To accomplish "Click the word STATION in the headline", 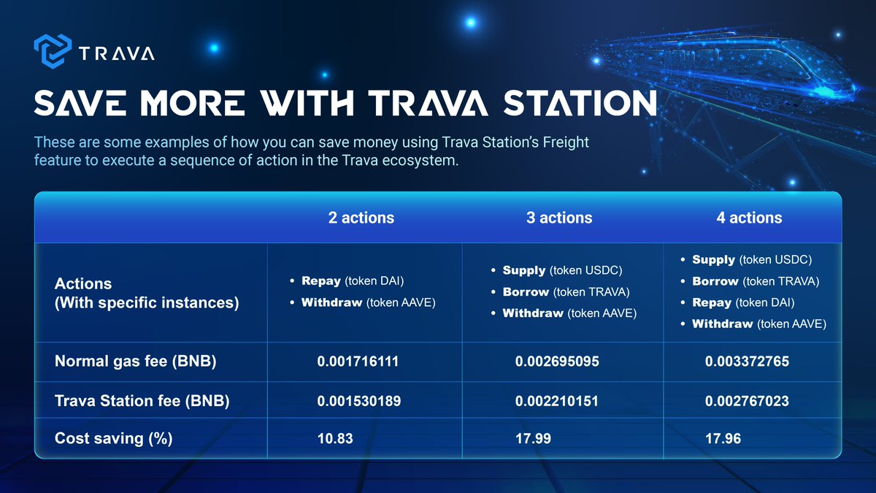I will (577, 103).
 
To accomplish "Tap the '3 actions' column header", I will (559, 218).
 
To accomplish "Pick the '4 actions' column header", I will (749, 218).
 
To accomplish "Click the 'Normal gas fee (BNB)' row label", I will (135, 362).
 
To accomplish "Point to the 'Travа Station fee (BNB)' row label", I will (142, 400).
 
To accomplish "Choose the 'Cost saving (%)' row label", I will (113, 439).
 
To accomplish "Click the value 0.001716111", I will (358, 362).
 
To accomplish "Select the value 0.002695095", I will (557, 362).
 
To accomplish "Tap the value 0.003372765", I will (747, 362).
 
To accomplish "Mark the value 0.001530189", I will (358, 400).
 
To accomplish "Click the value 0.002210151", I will (557, 400).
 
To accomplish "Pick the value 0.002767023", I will (747, 400).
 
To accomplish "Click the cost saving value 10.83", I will (334, 439).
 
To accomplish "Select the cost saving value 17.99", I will (533, 439).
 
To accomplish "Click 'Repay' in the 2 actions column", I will (321, 281).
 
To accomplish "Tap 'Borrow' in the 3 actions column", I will (526, 292).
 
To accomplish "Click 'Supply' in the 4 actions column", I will (713, 260).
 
